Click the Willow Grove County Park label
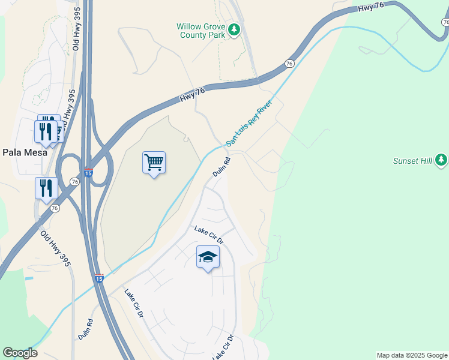tap(200, 31)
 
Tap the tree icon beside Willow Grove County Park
tap(235, 29)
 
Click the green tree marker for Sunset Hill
tap(442, 160)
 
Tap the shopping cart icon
tap(154, 162)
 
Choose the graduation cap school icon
tap(208, 257)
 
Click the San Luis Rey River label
tap(249, 124)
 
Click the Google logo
tap(20, 353)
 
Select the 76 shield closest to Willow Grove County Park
tap(290, 64)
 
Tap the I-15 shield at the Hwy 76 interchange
tap(88, 173)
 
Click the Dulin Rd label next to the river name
tap(221, 167)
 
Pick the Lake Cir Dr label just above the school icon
tap(208, 234)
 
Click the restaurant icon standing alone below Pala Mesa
tap(46, 188)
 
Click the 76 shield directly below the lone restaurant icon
tap(55, 208)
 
